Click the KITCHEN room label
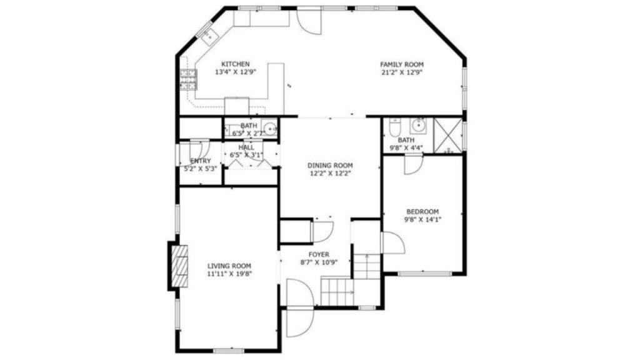(235, 64)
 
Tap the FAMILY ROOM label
(402, 64)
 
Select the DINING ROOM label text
(330, 166)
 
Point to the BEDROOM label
(422, 212)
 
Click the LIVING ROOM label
(229, 266)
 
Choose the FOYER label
(319, 255)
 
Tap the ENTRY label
(201, 161)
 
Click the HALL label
(246, 147)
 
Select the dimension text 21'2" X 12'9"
(402, 72)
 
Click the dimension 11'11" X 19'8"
(229, 274)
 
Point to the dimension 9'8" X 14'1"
(422, 219)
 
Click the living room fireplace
(179, 266)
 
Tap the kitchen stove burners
(188, 79)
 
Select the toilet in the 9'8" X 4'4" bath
(394, 127)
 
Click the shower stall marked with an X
(447, 135)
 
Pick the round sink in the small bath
(269, 129)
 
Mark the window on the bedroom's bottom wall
(424, 274)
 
